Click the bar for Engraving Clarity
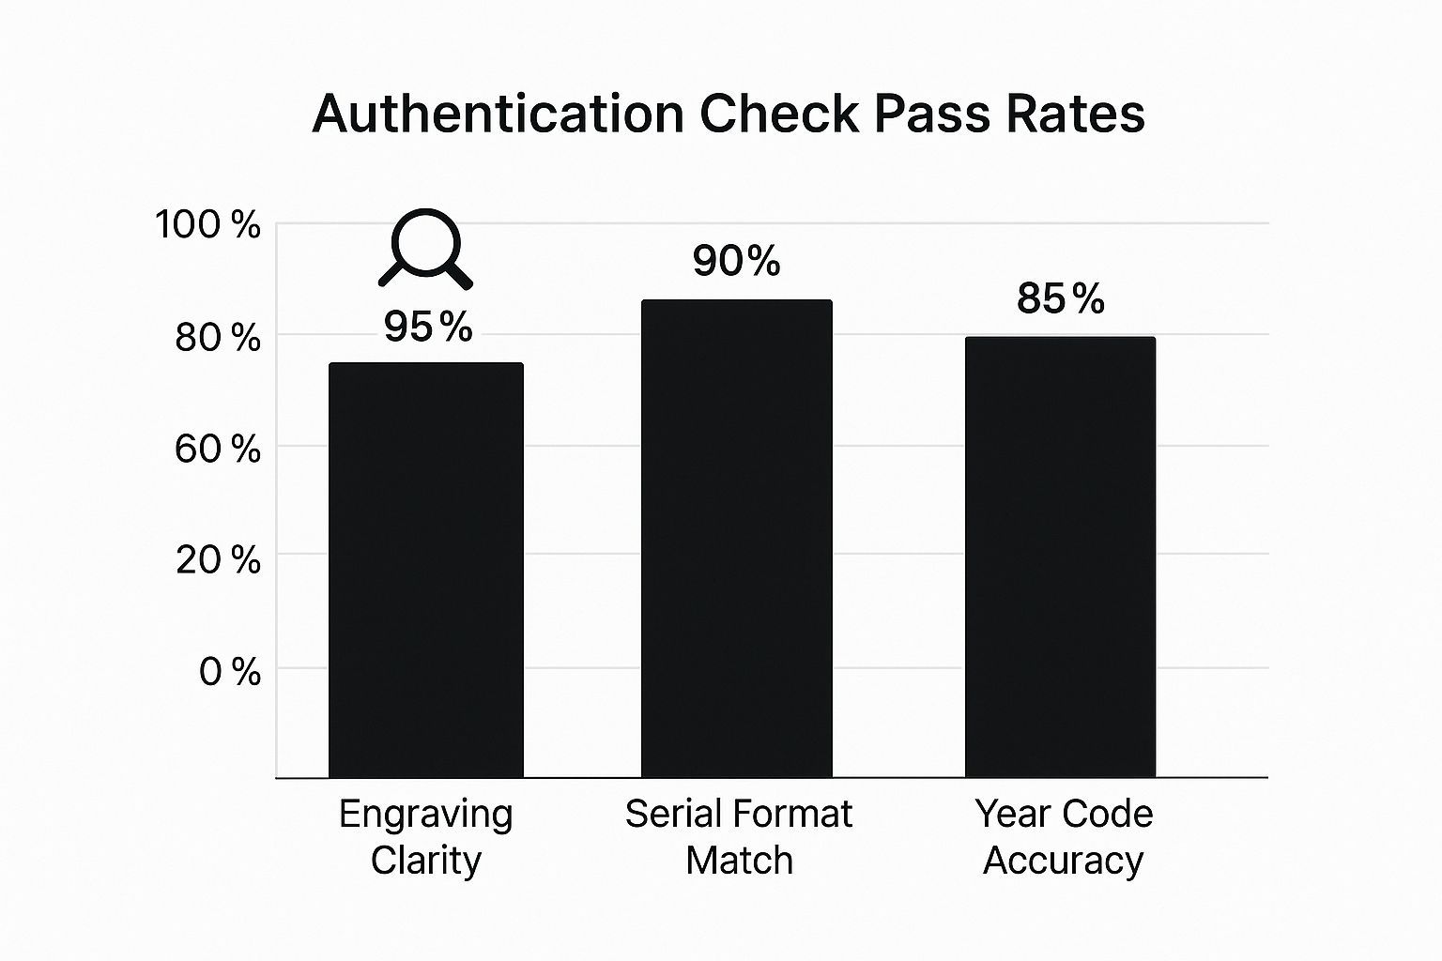[x=425, y=570]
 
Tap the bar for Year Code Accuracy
[x=1060, y=557]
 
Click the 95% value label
[x=428, y=328]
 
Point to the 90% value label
[x=736, y=262]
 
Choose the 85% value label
[x=1060, y=299]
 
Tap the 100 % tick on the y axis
[x=207, y=225]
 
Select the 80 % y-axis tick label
[x=217, y=338]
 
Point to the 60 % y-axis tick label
[x=217, y=450]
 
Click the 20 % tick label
[x=218, y=560]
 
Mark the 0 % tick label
[x=229, y=672]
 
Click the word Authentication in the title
[x=498, y=114]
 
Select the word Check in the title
[x=778, y=114]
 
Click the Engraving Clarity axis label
[x=425, y=836]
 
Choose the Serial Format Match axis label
[x=739, y=836]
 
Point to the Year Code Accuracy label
[x=1064, y=836]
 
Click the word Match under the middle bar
[x=739, y=861]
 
